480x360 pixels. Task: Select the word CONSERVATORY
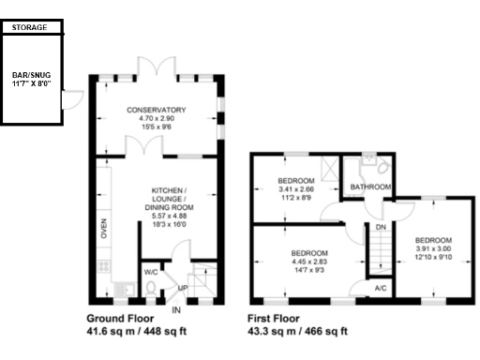click(157, 110)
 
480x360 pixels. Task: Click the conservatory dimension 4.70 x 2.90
click(157, 119)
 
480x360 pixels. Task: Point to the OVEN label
click(104, 230)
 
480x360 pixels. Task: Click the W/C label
click(150, 274)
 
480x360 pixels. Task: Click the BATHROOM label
click(370, 187)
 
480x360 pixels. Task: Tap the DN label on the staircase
click(381, 227)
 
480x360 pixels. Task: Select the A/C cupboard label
click(381, 290)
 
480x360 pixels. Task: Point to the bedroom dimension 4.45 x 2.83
click(308, 263)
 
